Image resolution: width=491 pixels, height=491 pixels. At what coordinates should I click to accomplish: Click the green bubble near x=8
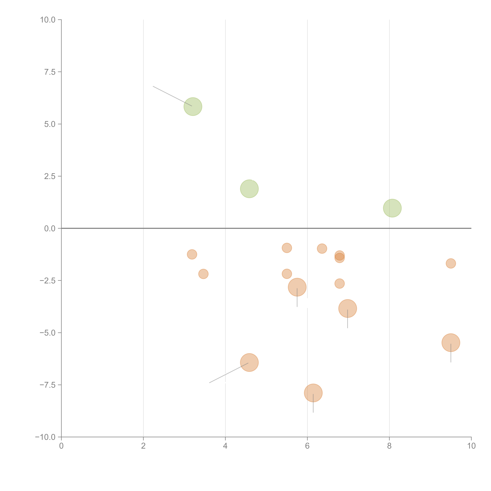coord(392,208)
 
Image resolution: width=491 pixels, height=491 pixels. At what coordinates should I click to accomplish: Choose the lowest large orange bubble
coord(313,393)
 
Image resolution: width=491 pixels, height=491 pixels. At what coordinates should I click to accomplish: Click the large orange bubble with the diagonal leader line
coord(249,362)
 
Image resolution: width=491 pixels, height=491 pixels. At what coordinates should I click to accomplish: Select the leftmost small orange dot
coord(192,254)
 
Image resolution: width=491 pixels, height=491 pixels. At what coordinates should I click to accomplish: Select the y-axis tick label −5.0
coord(48,333)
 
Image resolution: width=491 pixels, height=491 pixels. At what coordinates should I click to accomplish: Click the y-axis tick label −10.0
coord(45,437)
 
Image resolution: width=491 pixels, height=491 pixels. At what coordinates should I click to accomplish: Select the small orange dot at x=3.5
coord(203,274)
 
